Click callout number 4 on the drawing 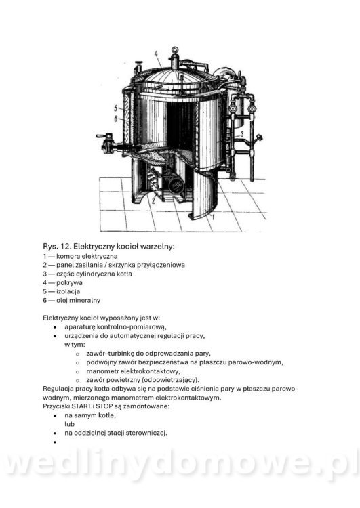click(x=157, y=54)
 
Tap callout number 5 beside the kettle click(x=115, y=108)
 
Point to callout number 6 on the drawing click(x=115, y=119)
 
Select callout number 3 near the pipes click(x=241, y=133)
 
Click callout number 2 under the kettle click(x=153, y=200)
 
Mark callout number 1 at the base click(x=213, y=217)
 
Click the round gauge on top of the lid click(x=175, y=50)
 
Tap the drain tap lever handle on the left click(x=104, y=136)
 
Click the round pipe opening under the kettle click(x=176, y=186)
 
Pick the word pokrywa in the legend click(x=69, y=283)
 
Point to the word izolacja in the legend click(x=68, y=291)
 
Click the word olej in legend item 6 click(x=62, y=300)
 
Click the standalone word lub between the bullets click(x=69, y=424)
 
